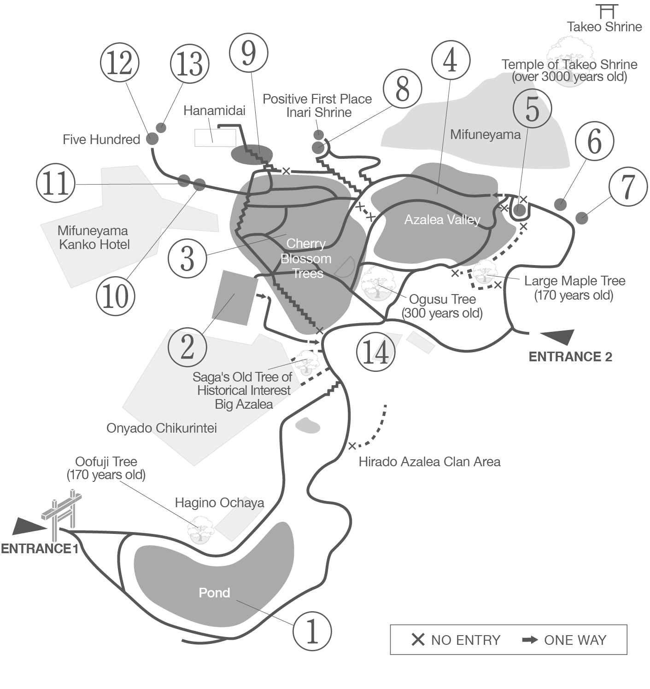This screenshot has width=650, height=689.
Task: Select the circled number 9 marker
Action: (x=248, y=54)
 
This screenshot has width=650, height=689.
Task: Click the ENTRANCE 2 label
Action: (x=570, y=357)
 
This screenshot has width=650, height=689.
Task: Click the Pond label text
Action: (x=214, y=592)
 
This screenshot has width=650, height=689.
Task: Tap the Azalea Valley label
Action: (x=442, y=220)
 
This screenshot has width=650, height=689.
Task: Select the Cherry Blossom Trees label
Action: (x=306, y=258)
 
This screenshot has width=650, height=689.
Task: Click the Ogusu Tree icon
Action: (x=378, y=284)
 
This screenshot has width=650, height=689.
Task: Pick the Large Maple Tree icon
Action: (x=484, y=271)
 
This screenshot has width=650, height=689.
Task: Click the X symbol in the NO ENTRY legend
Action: (x=418, y=640)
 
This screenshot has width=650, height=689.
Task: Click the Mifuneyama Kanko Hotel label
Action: (x=94, y=237)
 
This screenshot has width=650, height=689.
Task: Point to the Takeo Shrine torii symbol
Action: (x=605, y=12)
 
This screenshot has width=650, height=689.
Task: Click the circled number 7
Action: (x=628, y=186)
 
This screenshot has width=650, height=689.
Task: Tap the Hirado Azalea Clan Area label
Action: (x=429, y=462)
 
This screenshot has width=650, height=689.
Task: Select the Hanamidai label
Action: (x=214, y=110)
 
